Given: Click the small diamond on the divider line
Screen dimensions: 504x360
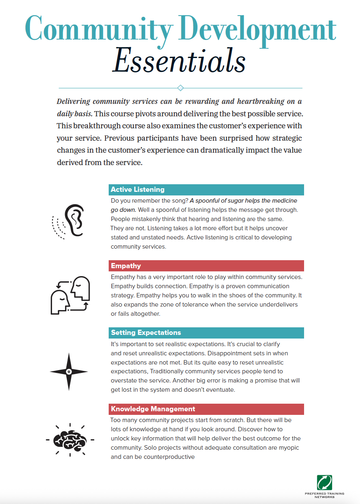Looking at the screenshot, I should (x=180, y=88).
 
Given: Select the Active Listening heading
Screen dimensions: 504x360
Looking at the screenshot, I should (x=137, y=189).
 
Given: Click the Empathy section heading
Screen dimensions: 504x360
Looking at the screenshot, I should (x=126, y=266).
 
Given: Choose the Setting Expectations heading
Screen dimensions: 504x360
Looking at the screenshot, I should (x=146, y=333).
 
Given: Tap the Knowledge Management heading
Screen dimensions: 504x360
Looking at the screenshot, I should (x=153, y=409).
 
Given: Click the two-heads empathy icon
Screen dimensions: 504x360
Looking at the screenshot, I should (x=70, y=295).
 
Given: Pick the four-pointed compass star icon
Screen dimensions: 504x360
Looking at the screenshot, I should (x=69, y=372).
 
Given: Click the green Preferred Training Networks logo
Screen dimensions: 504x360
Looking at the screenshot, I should (x=324, y=482).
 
